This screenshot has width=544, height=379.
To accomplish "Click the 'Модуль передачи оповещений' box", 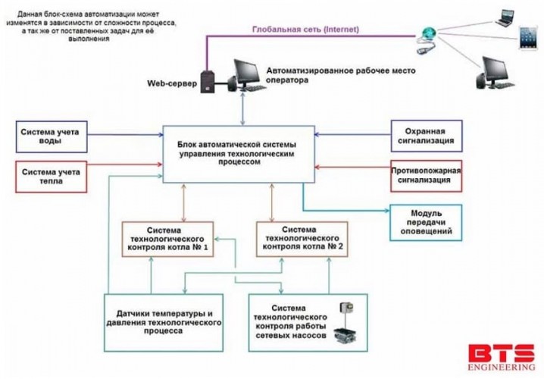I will pos(425,223).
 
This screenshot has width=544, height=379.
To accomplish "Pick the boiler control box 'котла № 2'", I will pos(302,237).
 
